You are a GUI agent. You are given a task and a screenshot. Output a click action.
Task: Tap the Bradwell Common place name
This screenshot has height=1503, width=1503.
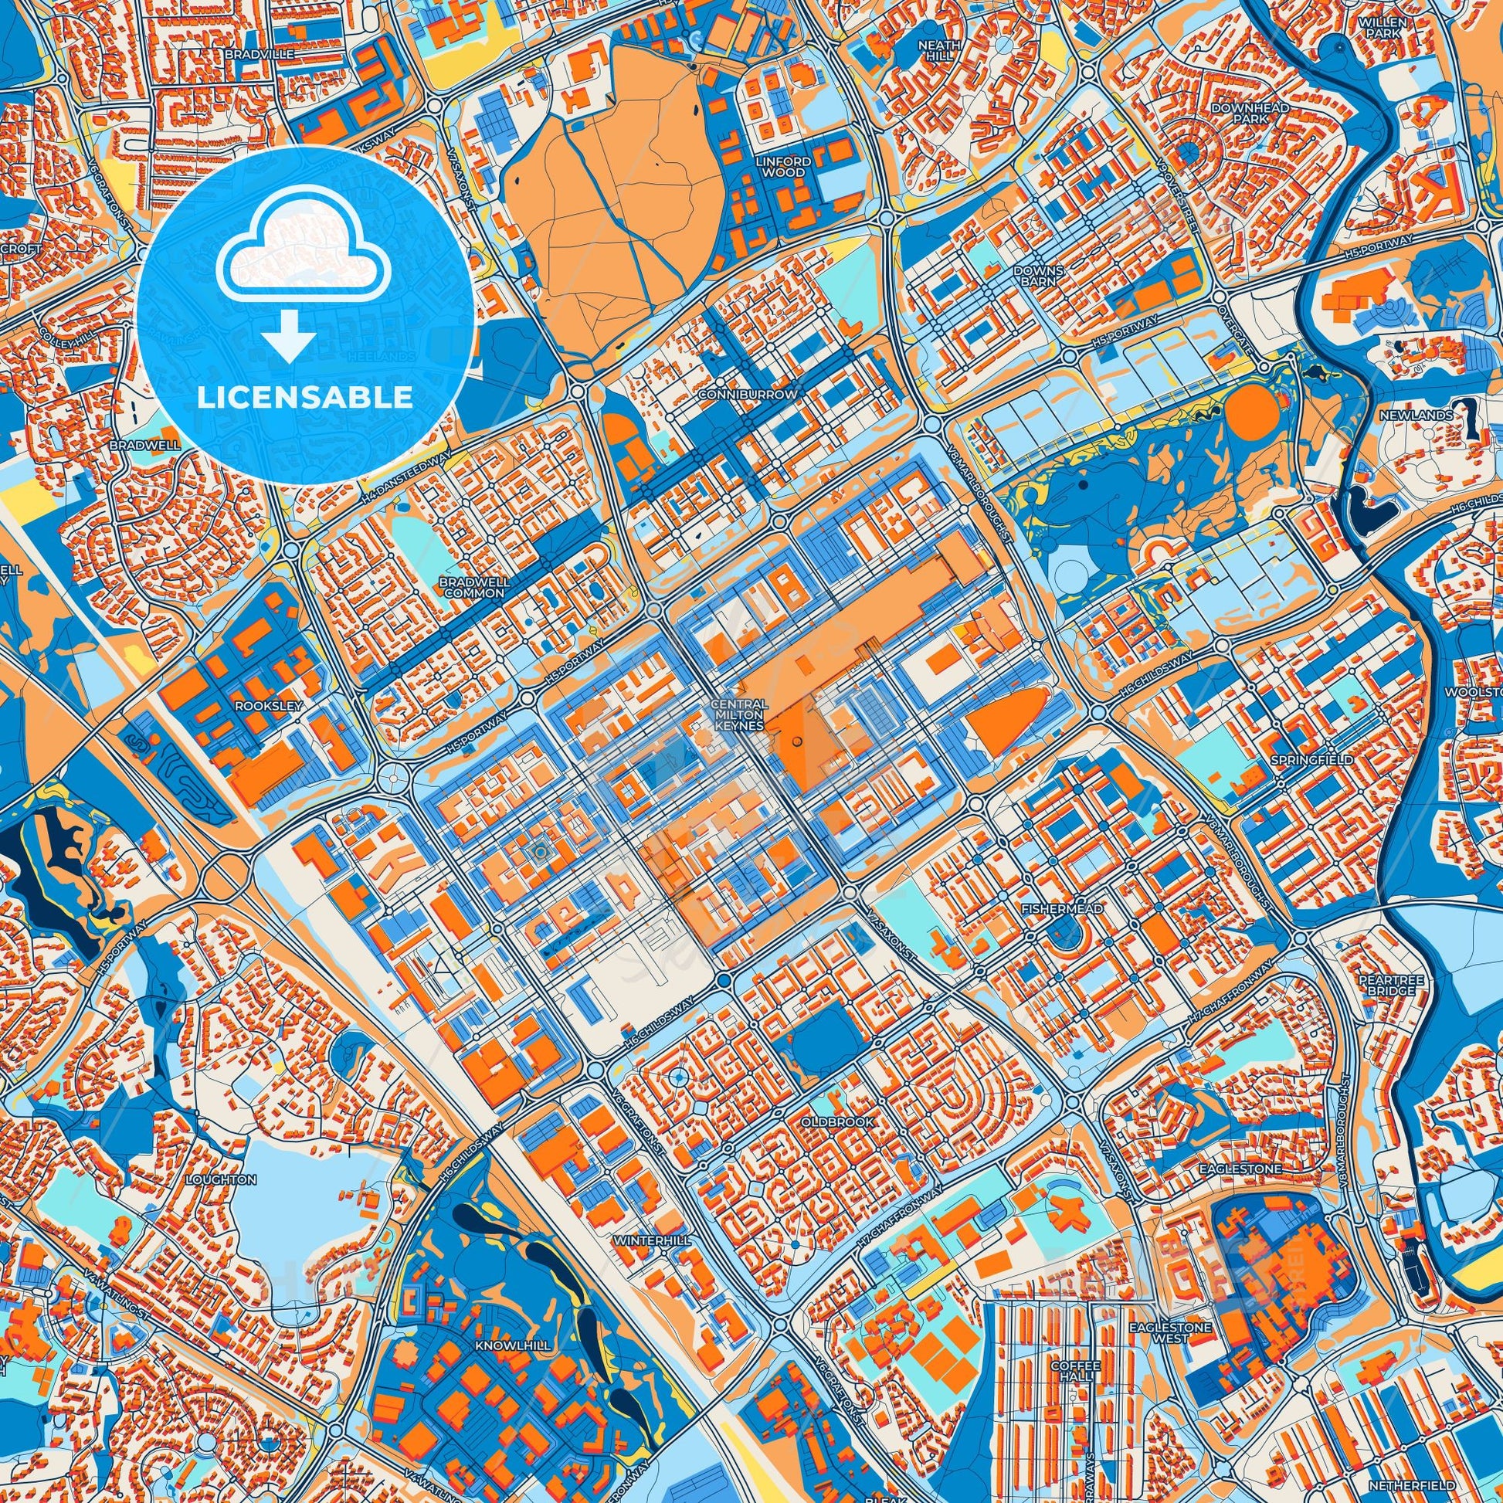tap(473, 586)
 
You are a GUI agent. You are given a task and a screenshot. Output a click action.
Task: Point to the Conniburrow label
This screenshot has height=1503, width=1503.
tap(748, 395)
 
